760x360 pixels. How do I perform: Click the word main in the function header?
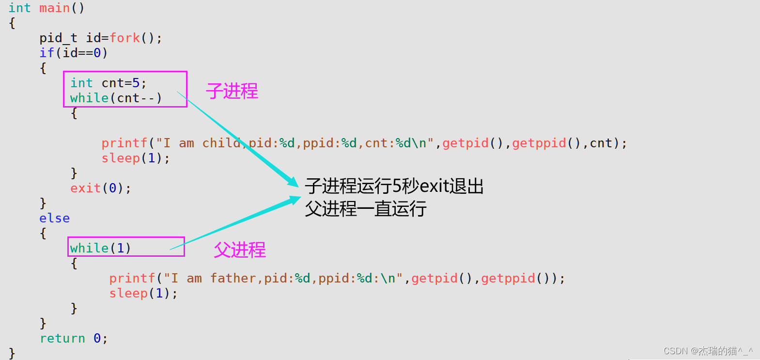click(54, 8)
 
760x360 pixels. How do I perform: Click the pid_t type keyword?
click(58, 38)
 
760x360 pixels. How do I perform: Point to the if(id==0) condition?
click(74, 53)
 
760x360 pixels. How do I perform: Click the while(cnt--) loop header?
click(116, 98)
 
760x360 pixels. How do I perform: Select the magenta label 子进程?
click(232, 91)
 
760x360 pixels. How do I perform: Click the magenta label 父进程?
click(240, 250)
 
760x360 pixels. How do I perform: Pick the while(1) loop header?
click(100, 248)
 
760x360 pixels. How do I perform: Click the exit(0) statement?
click(100, 188)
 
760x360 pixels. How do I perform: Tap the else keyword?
click(54, 218)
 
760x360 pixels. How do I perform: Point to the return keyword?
click(62, 338)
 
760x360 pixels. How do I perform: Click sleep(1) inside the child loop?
click(135, 158)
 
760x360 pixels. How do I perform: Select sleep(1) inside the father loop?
click(143, 293)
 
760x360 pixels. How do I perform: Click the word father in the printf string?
click(233, 278)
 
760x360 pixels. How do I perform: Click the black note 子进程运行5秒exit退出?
click(394, 186)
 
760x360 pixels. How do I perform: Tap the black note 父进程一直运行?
click(366, 209)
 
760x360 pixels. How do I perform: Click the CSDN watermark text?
click(708, 351)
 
